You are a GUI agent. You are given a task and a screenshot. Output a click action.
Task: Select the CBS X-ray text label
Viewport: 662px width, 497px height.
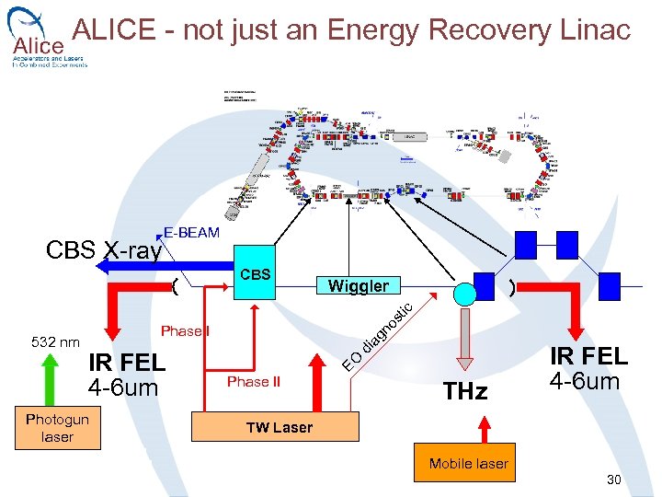click(x=104, y=250)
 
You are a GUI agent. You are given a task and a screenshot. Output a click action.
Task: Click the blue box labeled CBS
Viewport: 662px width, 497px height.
click(x=255, y=273)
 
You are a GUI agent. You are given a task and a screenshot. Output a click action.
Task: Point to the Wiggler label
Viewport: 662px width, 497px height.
click(x=359, y=286)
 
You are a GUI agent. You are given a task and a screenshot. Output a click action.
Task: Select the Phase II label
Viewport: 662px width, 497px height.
click(x=254, y=382)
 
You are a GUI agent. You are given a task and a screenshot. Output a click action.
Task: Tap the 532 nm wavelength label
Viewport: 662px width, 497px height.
click(x=56, y=342)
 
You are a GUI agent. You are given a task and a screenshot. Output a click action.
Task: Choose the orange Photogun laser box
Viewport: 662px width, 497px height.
click(x=57, y=428)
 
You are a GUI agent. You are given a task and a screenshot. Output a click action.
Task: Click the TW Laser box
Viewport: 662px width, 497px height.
click(x=279, y=427)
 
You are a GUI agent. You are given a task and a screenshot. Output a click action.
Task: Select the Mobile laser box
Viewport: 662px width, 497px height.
click(x=468, y=464)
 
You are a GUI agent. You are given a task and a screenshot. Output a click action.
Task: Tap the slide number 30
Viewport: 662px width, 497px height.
click(x=614, y=480)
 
